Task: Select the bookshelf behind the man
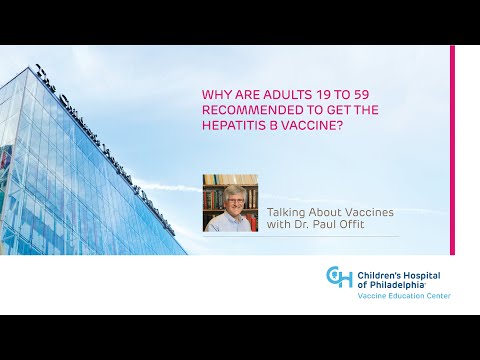(213, 190)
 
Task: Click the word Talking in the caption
(289, 212)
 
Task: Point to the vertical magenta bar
(452, 150)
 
